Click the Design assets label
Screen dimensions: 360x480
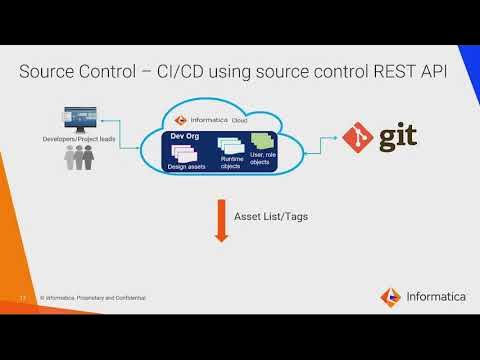(x=188, y=166)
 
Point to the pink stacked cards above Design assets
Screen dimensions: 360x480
(x=188, y=152)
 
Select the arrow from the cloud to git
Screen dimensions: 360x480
(x=318, y=142)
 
